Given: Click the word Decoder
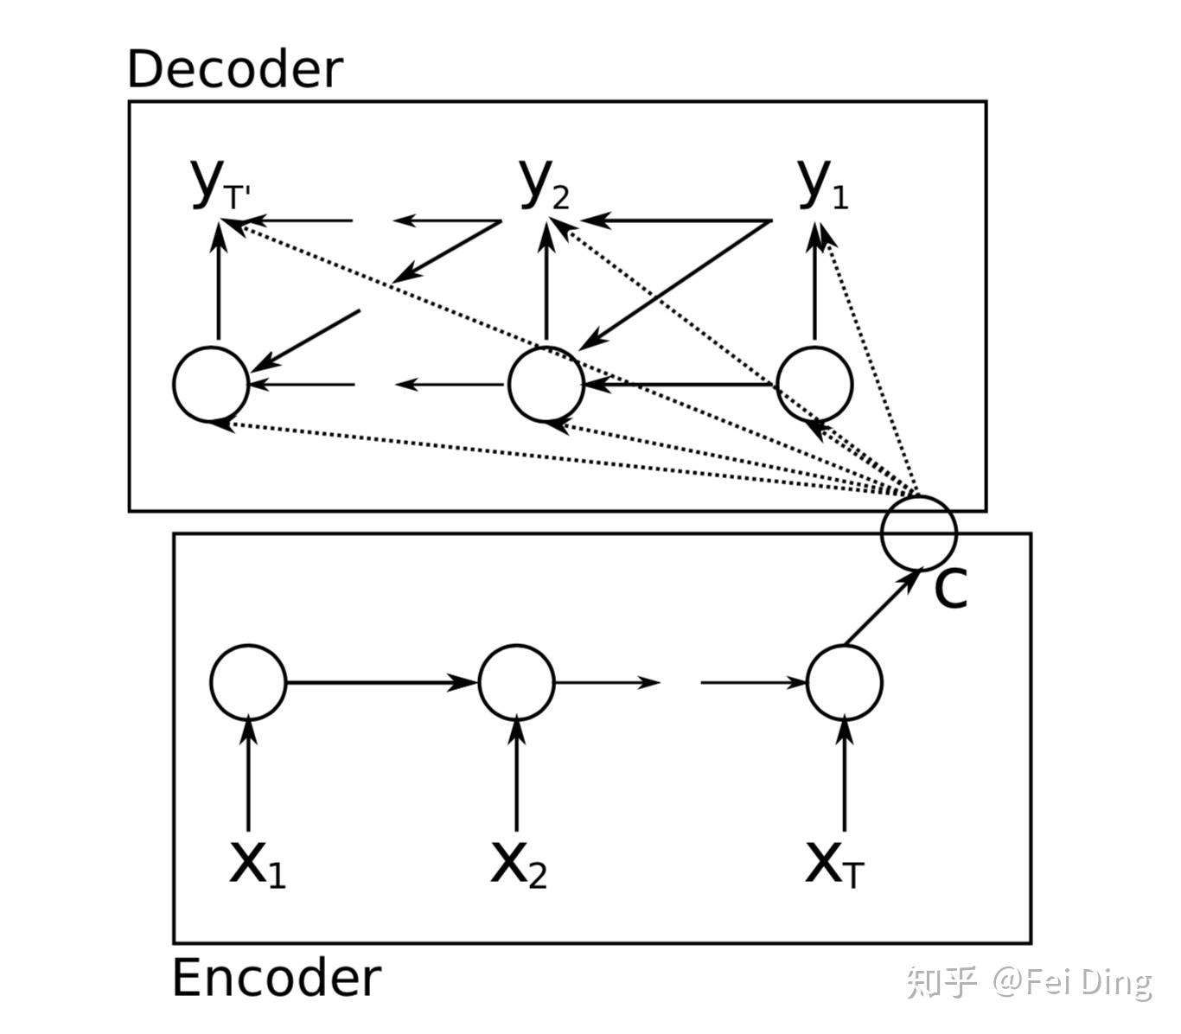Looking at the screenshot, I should coord(234,69).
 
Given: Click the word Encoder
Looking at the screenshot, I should coord(276,979).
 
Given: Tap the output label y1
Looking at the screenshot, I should coord(821,185).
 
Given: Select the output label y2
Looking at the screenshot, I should coord(545,185).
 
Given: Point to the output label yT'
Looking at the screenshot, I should coord(218,185).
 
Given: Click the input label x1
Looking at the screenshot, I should coord(257,863).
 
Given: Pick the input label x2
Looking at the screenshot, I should coord(518,863).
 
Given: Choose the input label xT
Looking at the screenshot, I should coord(833,863).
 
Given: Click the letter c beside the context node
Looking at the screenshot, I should coord(950,589).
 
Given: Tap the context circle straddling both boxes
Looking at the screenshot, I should coord(918,532).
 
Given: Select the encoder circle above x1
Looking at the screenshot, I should coord(248,682).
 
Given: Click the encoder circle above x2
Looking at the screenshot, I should coord(517,682).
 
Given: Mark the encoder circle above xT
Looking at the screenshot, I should coord(845,682).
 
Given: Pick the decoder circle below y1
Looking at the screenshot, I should coord(814,384).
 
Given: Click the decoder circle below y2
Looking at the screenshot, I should coord(546,384).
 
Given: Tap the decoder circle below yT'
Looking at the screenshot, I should coord(211,384).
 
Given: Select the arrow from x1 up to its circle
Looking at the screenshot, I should coord(248,774).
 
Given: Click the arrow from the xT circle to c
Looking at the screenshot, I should coord(881,608).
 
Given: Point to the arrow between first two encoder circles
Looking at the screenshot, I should coord(380,682).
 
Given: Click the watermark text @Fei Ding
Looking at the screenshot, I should coord(1072,983).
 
